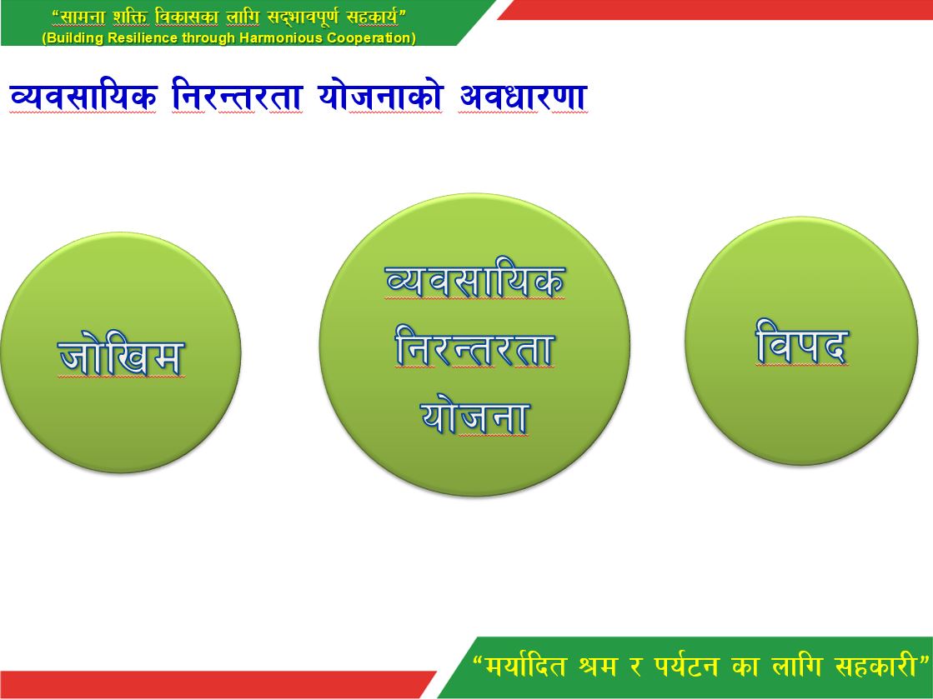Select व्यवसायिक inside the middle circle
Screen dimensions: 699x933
click(x=474, y=282)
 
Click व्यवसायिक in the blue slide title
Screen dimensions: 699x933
click(x=83, y=97)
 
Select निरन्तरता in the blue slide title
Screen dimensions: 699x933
click(x=237, y=97)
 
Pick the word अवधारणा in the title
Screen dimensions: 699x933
click(x=523, y=97)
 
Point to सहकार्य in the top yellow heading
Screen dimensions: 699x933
click(x=374, y=17)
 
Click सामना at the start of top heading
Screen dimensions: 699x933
click(x=83, y=17)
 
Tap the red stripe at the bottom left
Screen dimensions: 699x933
click(x=208, y=684)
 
